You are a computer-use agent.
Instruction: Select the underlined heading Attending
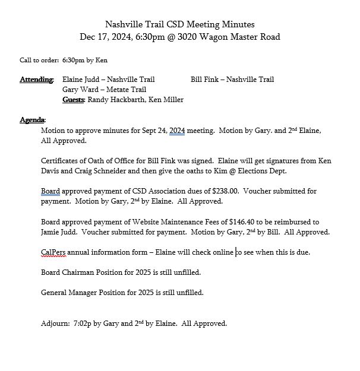pos(36,80)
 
